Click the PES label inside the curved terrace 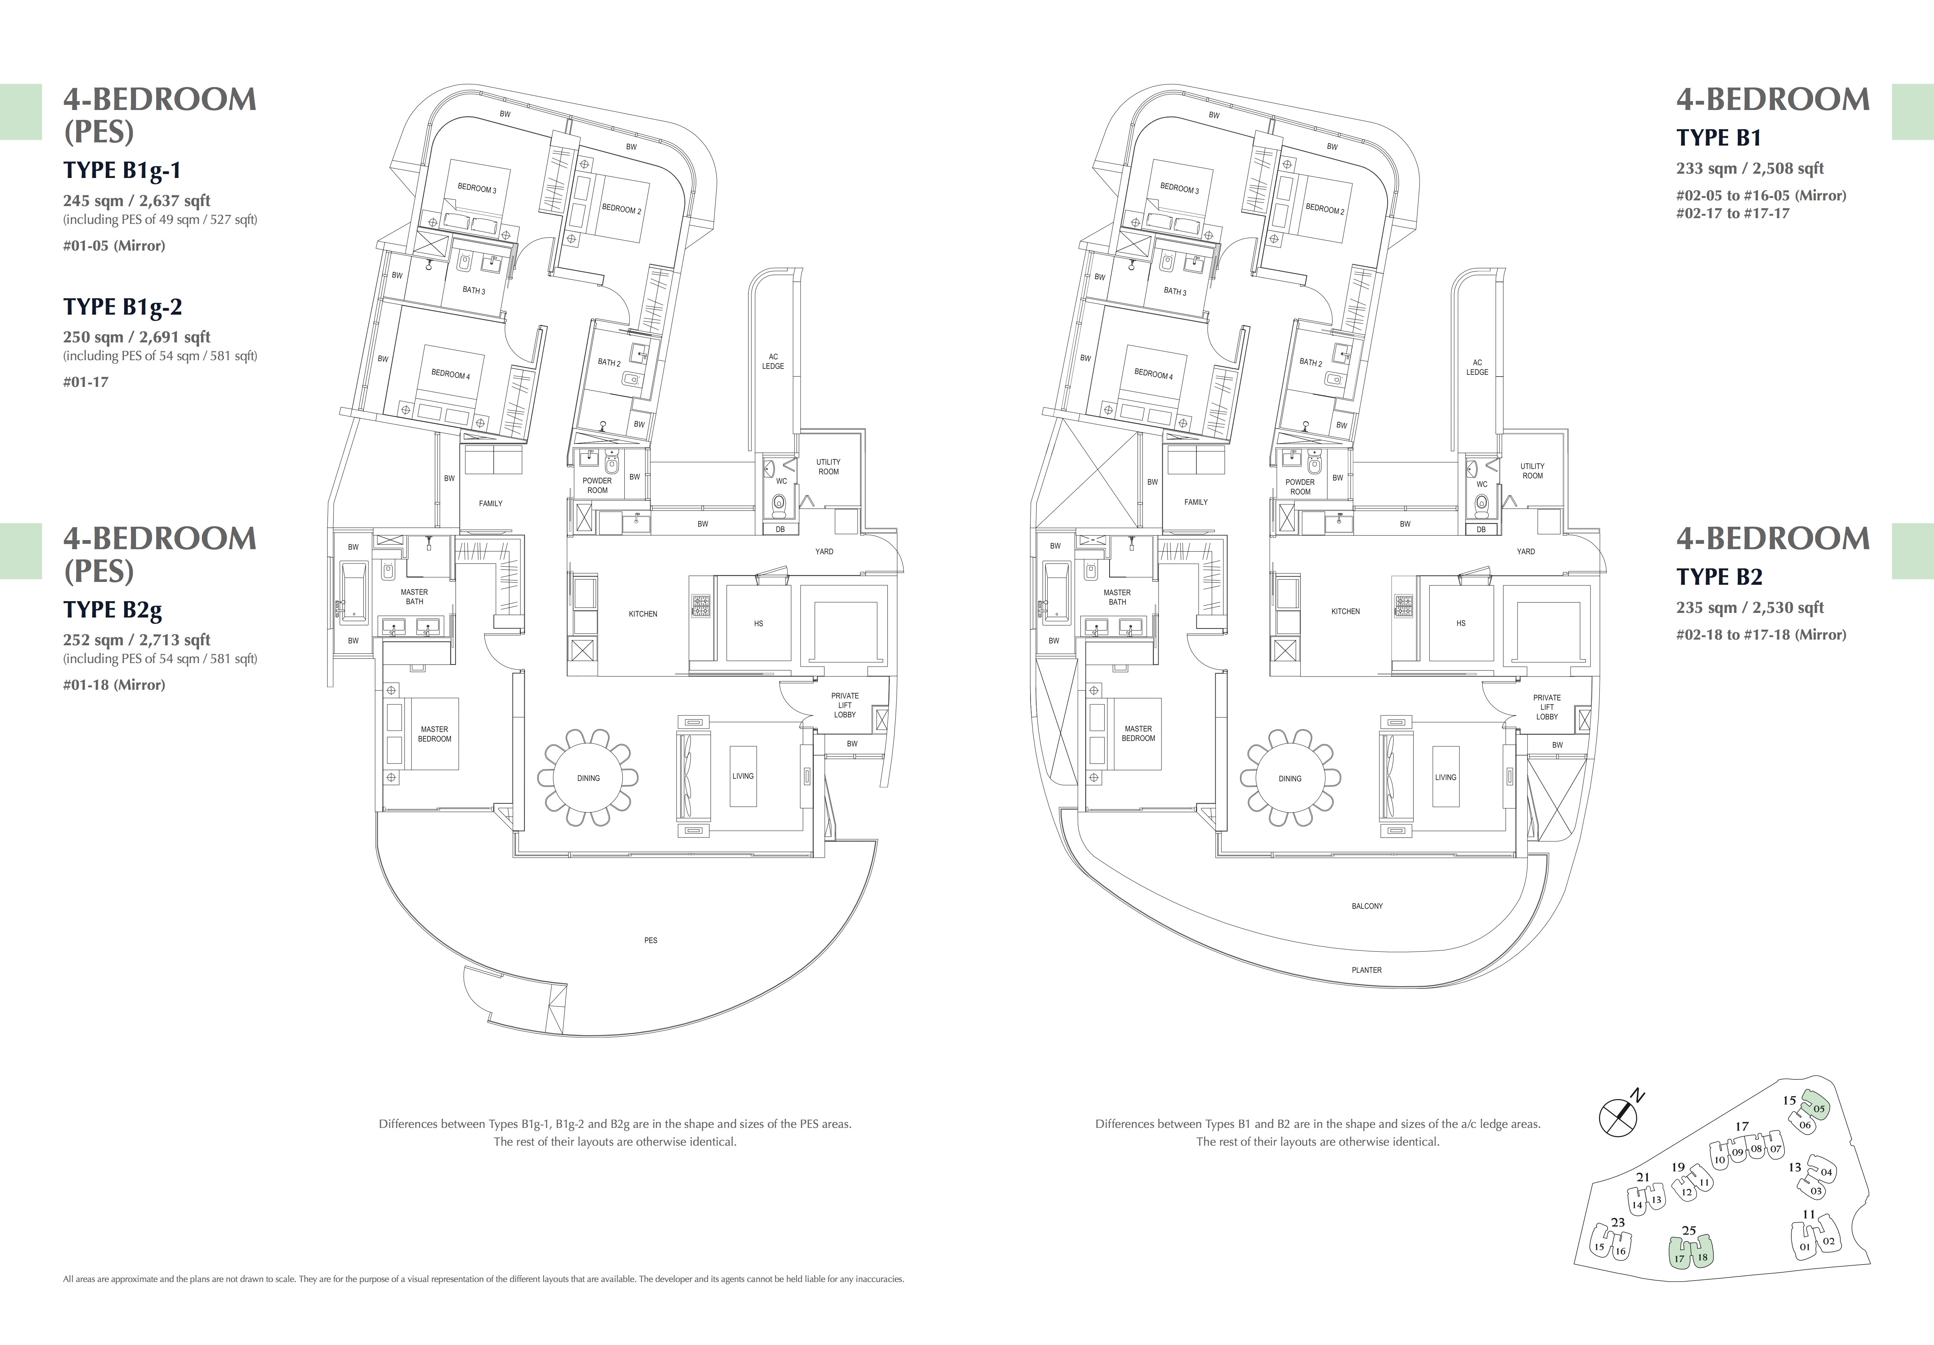pyautogui.click(x=650, y=940)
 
